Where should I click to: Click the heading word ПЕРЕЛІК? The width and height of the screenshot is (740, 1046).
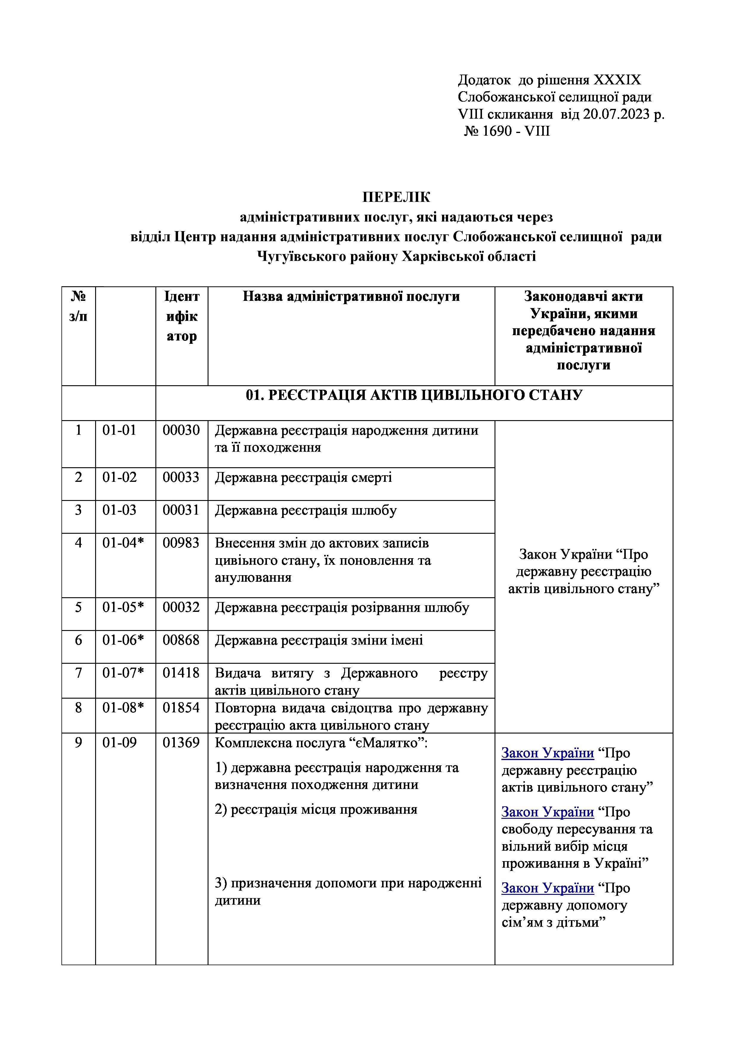pos(396,197)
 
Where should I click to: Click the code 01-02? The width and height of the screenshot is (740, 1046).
pos(119,477)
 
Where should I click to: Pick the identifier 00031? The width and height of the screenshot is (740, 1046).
pos(181,510)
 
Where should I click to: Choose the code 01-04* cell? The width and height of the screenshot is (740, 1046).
pos(123,543)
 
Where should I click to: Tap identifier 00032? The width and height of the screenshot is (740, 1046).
pos(181,607)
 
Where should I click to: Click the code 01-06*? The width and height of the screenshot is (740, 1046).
pos(123,640)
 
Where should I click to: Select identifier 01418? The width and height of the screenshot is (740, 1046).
pos(181,673)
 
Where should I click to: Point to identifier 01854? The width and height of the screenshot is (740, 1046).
pos(181,708)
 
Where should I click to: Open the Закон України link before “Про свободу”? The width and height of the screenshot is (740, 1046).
pos(548,812)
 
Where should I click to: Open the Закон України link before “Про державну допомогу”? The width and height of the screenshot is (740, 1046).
pos(548,888)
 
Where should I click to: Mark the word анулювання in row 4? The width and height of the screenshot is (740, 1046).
pos(253,578)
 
